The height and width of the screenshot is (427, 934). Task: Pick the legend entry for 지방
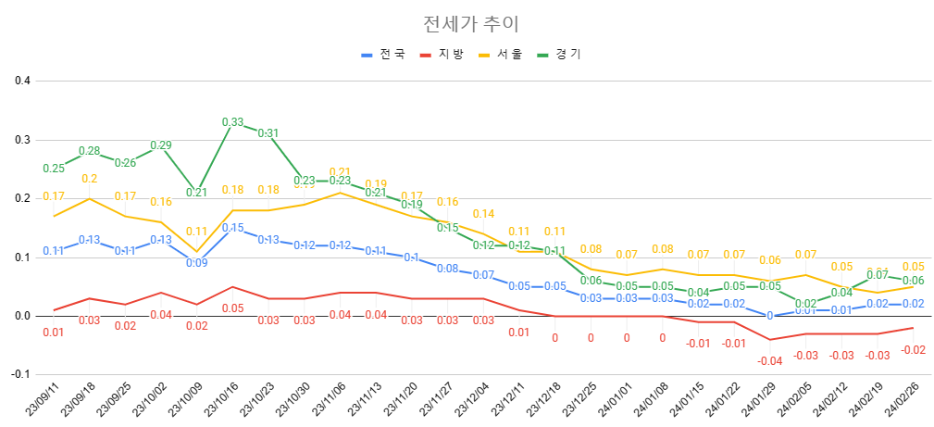451,55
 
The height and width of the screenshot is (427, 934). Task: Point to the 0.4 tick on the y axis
23,81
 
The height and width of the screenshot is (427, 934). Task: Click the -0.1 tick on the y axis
21,374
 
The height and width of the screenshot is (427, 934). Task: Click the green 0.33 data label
232,122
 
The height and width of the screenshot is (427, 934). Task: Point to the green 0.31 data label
268,133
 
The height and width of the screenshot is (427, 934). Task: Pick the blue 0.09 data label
196,263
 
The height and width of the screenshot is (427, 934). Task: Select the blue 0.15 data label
232,228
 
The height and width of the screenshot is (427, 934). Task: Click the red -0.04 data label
770,360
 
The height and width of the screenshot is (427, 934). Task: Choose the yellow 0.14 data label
483,214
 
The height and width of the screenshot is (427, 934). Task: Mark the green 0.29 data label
160,145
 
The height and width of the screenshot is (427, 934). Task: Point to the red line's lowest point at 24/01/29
770,340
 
